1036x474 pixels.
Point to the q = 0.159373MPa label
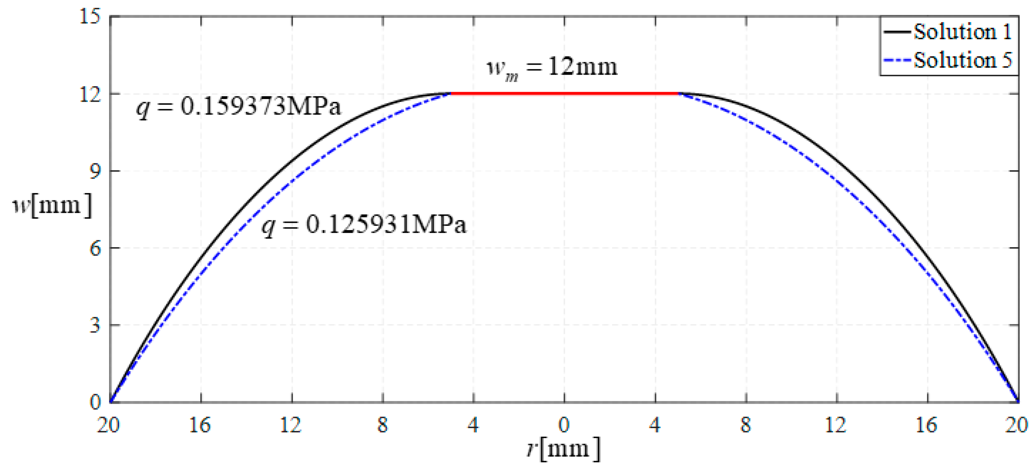pos(238,107)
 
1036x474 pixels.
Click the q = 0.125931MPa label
pos(364,224)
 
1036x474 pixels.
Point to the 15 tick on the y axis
pos(89,17)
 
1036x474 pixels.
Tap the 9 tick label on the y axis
pos(94,171)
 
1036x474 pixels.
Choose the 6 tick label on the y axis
pos(94,249)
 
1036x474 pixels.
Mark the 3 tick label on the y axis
pos(94,325)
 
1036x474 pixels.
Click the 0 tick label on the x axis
pos(564,425)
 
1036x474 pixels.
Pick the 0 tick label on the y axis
pos(94,402)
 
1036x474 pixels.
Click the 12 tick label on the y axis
pos(89,94)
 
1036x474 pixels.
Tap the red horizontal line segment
pos(564,93)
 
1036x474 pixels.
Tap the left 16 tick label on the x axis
pos(200,425)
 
